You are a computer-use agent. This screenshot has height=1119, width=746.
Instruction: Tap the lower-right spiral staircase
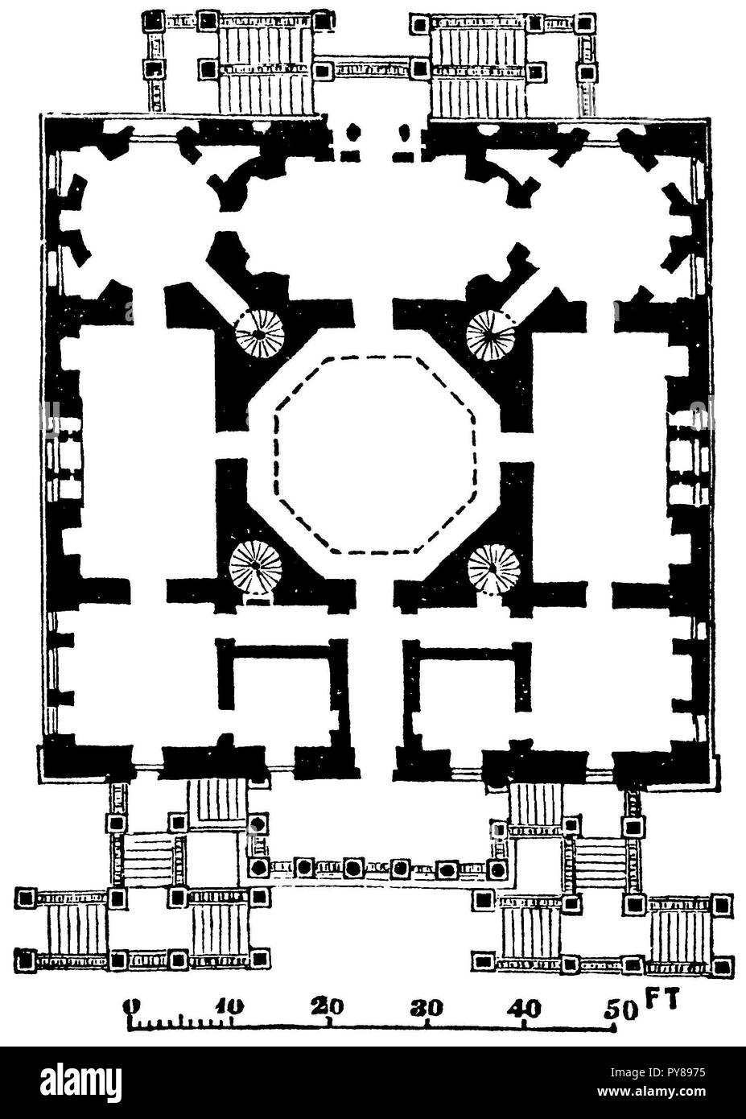494,568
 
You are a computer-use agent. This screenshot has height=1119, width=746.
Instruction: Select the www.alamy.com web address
652,1091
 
